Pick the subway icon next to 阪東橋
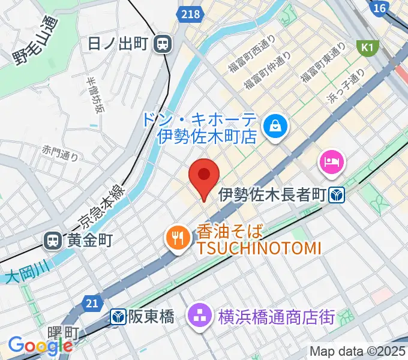[118, 316]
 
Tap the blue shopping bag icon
[277, 127]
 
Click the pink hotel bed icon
[331, 161]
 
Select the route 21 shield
[91, 304]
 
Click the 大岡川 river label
[21, 276]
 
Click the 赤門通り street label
[60, 154]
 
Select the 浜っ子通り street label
[346, 87]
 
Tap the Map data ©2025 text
[358, 351]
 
